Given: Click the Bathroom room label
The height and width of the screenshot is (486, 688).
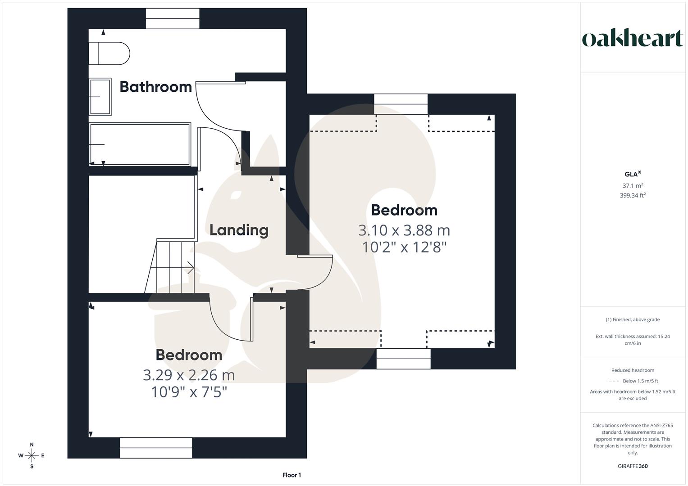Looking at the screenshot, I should point(155,86).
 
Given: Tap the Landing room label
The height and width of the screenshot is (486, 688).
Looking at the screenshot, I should point(239,230).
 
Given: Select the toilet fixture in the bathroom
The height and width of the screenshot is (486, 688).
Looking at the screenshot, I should point(109,54).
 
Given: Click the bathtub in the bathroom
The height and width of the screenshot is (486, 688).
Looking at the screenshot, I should point(140,144).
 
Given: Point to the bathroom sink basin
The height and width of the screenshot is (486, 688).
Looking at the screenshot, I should point(100,97).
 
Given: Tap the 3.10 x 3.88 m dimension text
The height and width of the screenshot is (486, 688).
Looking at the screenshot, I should point(404,230).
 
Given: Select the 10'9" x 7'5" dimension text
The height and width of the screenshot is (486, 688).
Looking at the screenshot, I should point(189,392).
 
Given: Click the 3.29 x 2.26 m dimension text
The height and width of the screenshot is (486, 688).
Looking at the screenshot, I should point(189,374).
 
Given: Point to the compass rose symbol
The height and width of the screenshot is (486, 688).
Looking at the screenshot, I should point(32,455).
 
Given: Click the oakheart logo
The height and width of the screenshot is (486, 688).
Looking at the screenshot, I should point(633,38).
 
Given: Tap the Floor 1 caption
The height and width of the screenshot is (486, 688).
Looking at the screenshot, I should point(292,475).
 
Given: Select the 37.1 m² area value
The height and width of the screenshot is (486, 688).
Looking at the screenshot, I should point(633,185).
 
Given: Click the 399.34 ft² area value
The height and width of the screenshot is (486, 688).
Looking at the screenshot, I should point(633,195).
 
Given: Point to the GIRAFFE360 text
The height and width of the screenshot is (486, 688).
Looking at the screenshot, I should point(633,466).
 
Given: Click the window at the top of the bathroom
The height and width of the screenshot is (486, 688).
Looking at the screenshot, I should point(173,18).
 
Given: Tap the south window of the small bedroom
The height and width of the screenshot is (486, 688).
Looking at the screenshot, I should point(156,448).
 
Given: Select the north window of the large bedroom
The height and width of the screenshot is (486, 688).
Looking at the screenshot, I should point(401,104).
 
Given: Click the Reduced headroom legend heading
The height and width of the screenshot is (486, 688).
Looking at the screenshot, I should point(633,370).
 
